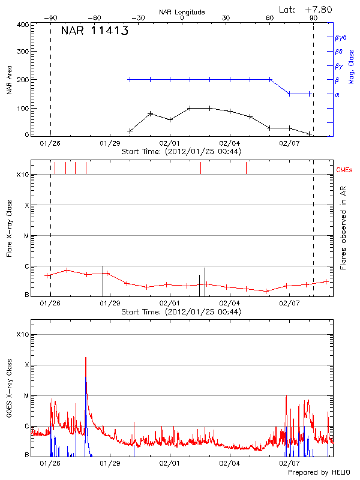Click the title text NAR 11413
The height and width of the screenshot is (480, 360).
[x=94, y=31]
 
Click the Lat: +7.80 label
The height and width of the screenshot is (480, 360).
[x=306, y=9]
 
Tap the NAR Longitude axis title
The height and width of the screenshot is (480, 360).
[x=182, y=11]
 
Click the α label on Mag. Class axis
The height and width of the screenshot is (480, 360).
[x=337, y=94]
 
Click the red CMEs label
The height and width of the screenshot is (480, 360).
[x=346, y=171]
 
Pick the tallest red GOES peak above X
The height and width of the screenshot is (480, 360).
[x=86, y=358]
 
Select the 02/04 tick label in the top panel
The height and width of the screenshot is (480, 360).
[x=230, y=144]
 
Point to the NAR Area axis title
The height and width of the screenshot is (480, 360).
[x=9, y=80]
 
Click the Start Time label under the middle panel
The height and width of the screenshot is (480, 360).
[x=181, y=312]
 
